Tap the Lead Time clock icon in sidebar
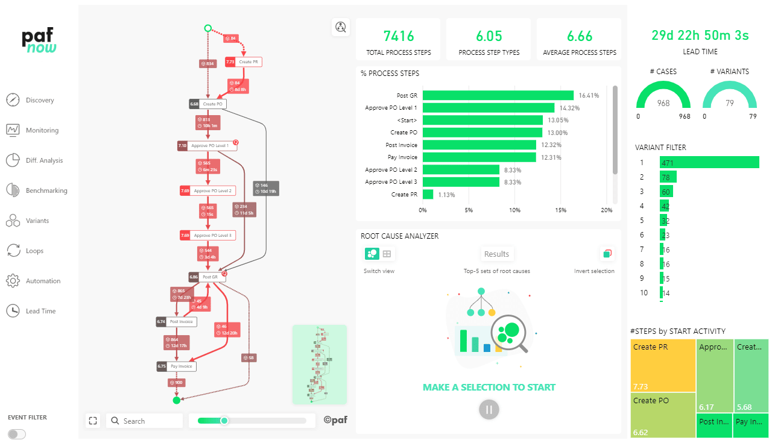point(13,311)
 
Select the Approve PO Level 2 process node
point(210,190)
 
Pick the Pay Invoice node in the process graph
point(182,366)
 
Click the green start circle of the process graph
point(207,28)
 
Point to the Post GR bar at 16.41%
point(498,95)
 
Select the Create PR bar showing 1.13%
point(428,195)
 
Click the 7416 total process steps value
point(398,36)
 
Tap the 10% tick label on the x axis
point(514,210)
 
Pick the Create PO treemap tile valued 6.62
point(662,415)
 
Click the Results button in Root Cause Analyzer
point(496,254)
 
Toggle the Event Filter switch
point(17,434)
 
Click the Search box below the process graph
point(145,421)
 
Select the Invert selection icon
point(607,254)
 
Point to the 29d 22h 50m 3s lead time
point(700,36)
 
